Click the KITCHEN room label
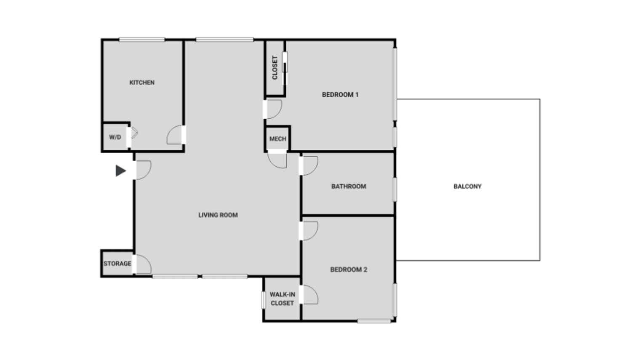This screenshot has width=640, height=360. [x=142, y=83]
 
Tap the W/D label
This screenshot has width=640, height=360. [x=115, y=137]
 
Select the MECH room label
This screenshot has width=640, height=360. [x=277, y=139]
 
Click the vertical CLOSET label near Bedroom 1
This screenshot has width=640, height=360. [x=275, y=68]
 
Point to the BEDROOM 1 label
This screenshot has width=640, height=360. [x=340, y=95]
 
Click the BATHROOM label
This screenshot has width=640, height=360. [x=349, y=187]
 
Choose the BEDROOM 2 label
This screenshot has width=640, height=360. [x=349, y=269]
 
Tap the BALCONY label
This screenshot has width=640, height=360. [x=467, y=187]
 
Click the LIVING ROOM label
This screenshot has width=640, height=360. [x=218, y=215]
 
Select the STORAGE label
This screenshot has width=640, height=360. [x=117, y=264]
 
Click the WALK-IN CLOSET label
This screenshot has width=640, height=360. [x=282, y=299]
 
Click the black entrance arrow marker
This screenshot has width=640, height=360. [x=121, y=171]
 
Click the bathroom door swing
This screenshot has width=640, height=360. [x=309, y=165]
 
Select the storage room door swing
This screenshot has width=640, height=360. [x=142, y=264]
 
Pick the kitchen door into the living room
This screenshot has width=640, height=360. [x=176, y=135]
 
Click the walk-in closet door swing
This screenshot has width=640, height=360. [x=310, y=294]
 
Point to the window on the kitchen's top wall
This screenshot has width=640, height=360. [x=142, y=40]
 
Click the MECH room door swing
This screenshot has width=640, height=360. [x=277, y=160]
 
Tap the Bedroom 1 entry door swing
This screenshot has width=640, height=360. [x=273, y=109]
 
